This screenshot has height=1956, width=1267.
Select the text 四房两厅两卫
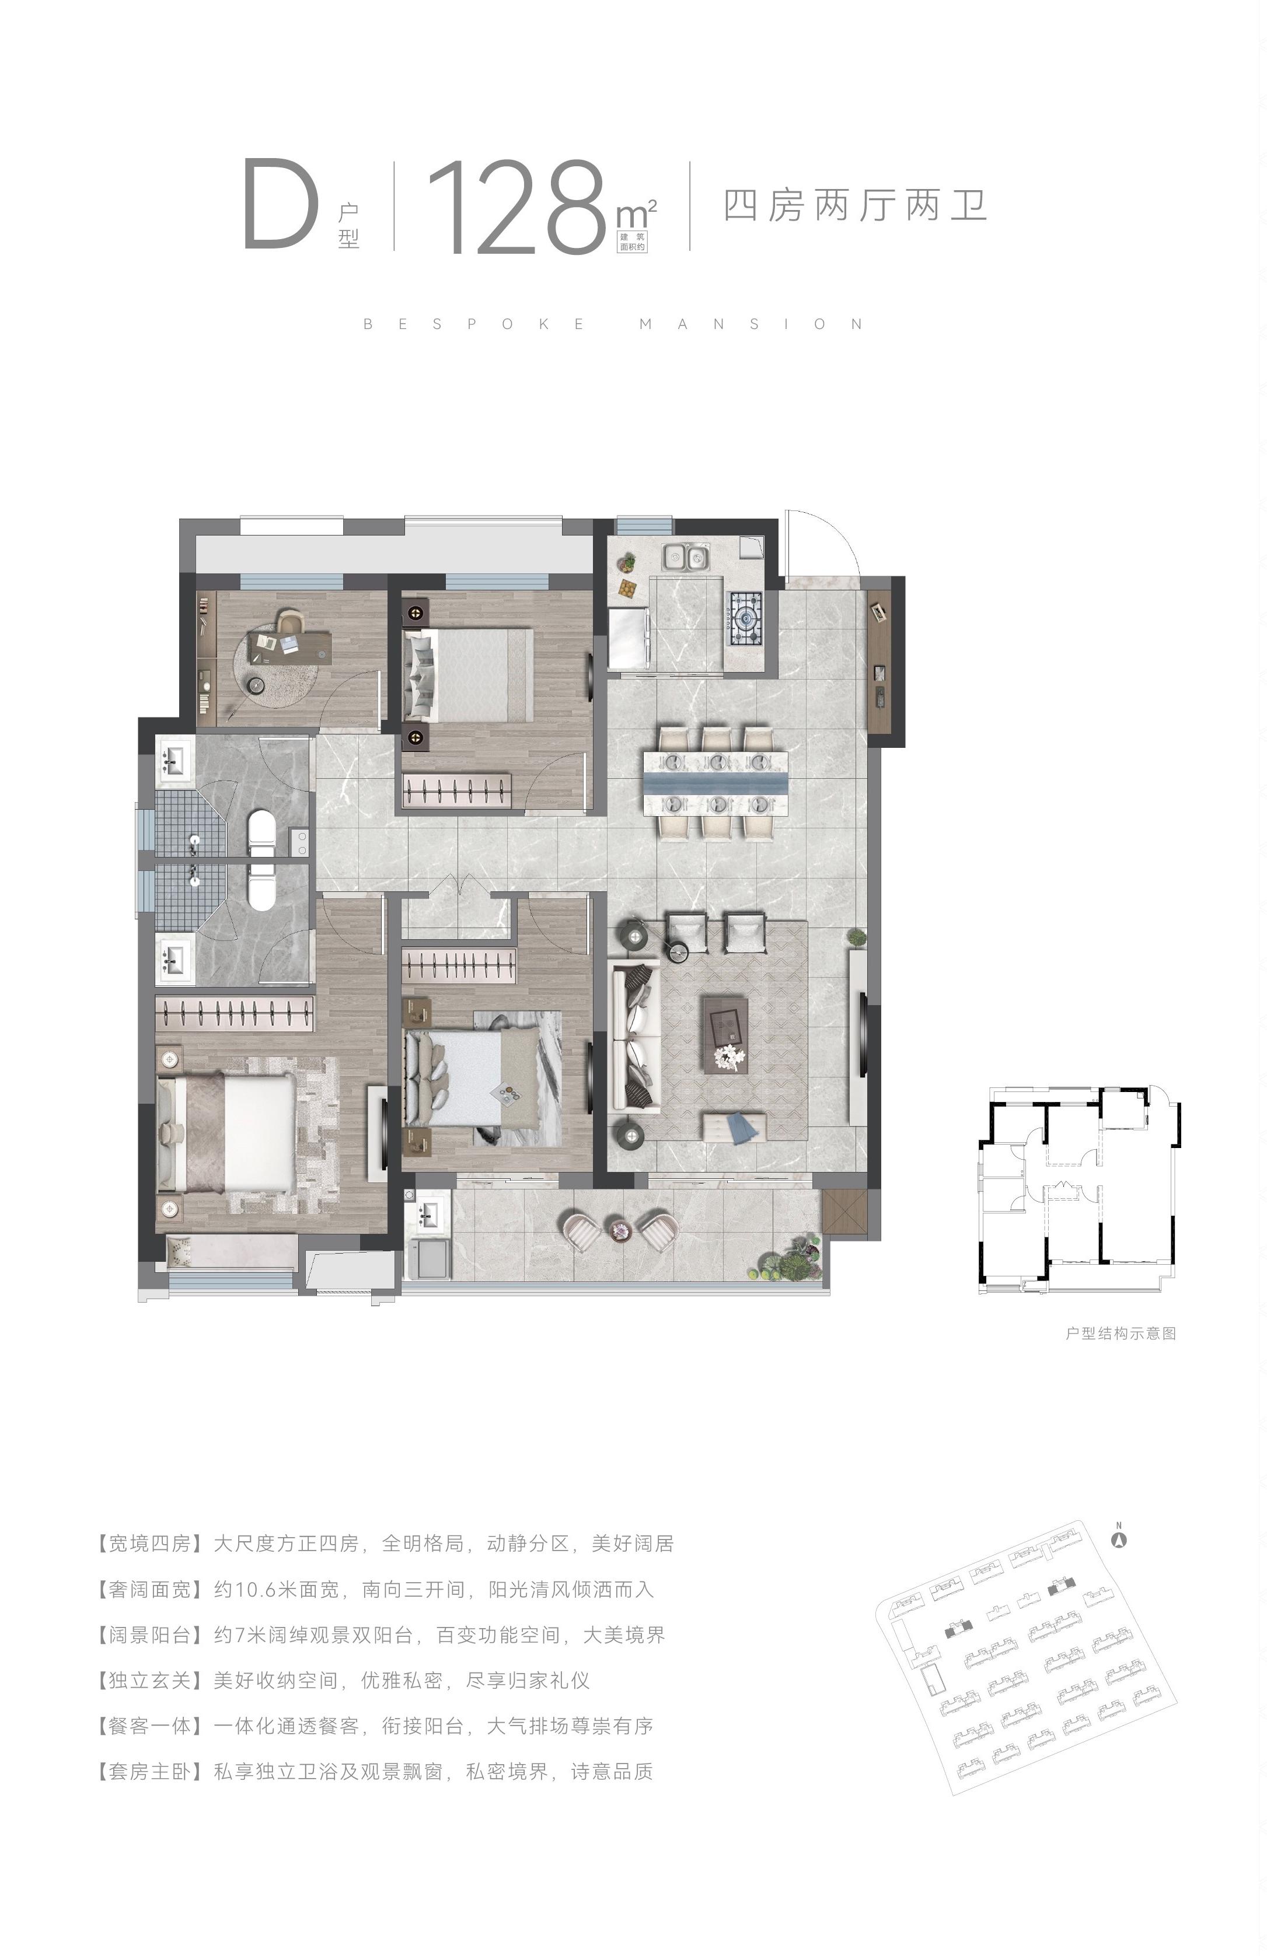pos(855,205)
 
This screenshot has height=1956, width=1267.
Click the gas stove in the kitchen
pos(745,617)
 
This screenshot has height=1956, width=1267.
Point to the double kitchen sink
pos(686,557)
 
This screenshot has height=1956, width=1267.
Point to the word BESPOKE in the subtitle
pos(474,324)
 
